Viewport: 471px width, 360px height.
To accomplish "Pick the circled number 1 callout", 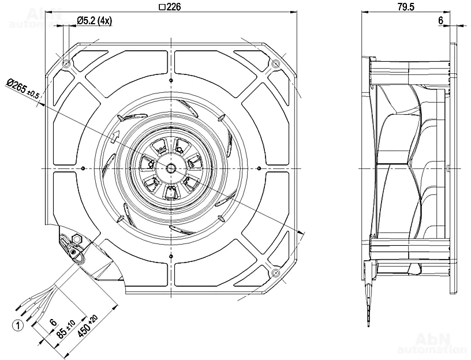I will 18,325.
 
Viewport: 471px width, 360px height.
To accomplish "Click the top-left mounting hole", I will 67,63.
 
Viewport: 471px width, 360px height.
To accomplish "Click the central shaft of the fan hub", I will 171,168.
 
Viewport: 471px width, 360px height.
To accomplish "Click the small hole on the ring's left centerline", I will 84,168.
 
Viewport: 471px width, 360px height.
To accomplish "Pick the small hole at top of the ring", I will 171,81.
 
